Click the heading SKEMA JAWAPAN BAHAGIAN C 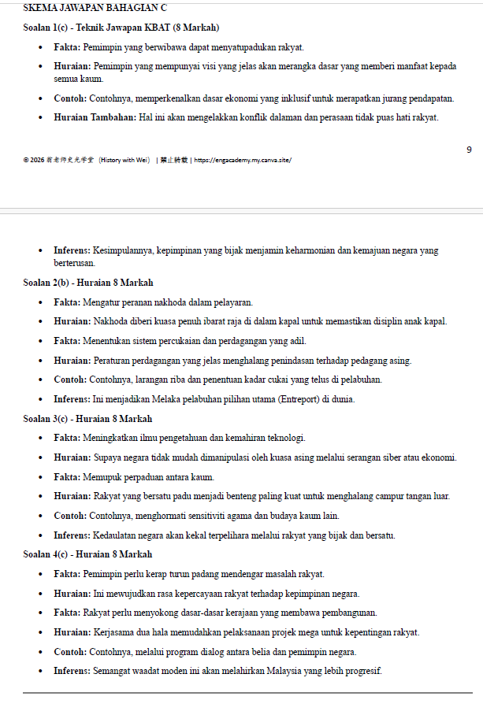(89, 8)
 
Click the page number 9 (469, 150)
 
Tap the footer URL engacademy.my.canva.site (243, 160)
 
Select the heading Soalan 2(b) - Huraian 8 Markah (88, 283)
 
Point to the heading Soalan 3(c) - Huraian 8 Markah (87, 419)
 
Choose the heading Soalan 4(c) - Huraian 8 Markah (87, 554)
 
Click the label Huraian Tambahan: (95, 117)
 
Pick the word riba (171, 380)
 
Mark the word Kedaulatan (116, 535)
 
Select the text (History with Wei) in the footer (124, 160)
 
